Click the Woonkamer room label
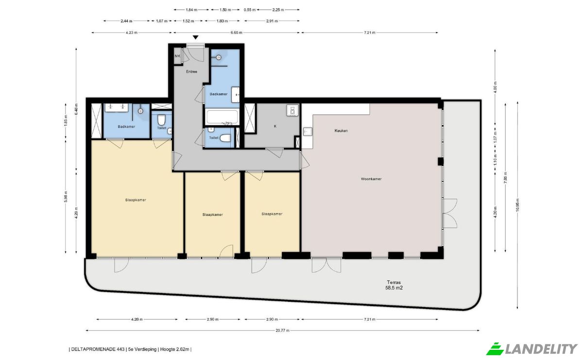tap(371, 179)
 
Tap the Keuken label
tap(341, 131)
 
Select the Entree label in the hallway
tap(191, 71)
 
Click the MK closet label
tap(177, 56)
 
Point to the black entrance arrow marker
tap(195, 37)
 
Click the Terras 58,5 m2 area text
tap(394, 285)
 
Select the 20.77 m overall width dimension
tap(282, 330)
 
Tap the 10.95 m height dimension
tap(517, 205)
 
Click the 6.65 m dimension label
tap(236, 33)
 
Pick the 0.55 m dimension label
tap(250, 10)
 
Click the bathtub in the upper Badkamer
tap(222, 117)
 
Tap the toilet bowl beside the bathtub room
tap(225, 138)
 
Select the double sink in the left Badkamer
tap(117, 107)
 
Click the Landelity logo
tap(532, 349)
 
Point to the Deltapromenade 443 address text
tap(98, 349)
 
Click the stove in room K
tap(292, 110)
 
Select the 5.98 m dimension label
tap(66, 197)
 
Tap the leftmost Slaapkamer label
tap(136, 200)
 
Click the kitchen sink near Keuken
tap(308, 132)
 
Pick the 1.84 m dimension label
tap(191, 10)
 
